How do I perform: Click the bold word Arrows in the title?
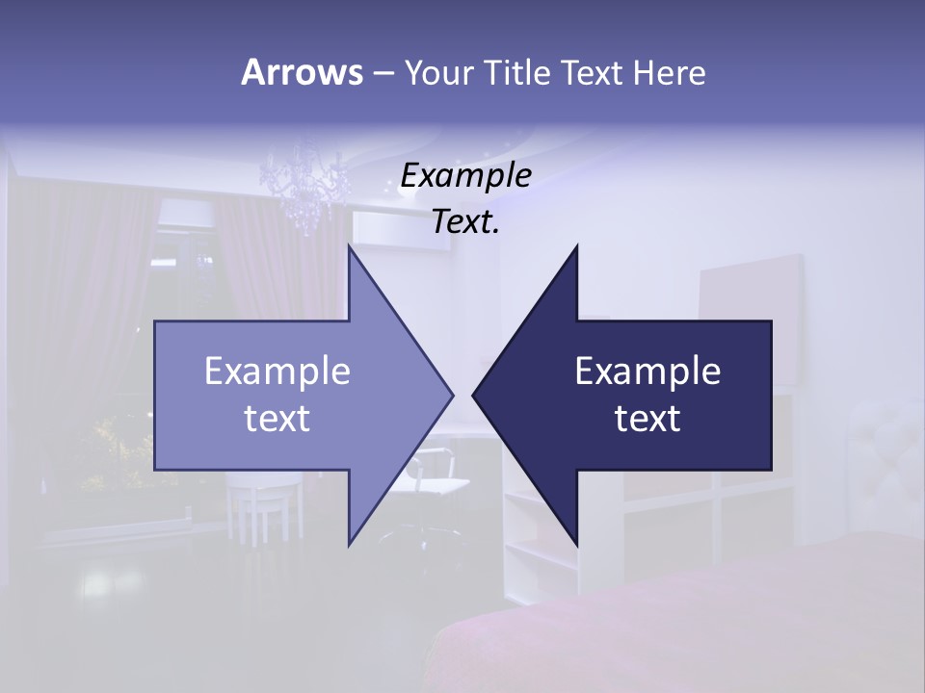coord(301,72)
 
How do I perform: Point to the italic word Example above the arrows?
coord(465,176)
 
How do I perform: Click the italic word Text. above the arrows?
coord(465,222)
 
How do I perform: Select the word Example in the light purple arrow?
coord(277,372)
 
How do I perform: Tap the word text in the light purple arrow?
coord(277,418)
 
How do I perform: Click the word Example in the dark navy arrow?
coord(647,372)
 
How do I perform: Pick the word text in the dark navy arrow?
coord(647,418)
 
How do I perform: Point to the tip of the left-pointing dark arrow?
coord(475,395)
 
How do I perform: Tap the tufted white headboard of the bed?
coord(882,452)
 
